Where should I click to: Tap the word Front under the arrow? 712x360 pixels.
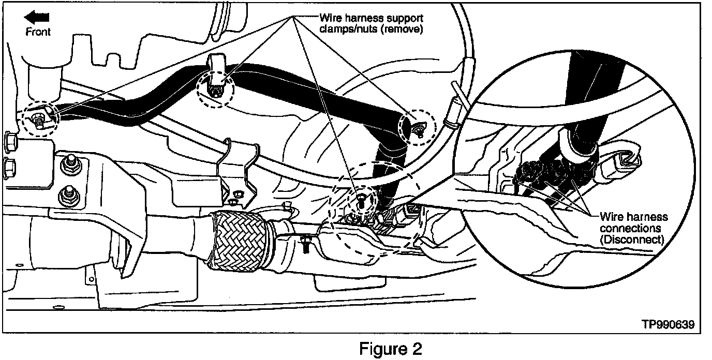click(39, 32)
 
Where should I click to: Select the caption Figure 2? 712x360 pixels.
click(391, 349)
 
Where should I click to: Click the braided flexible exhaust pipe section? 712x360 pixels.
click(238, 241)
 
